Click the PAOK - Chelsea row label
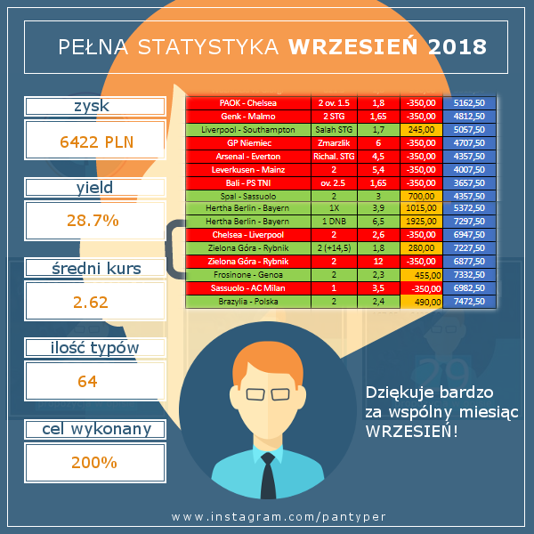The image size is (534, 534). click(247, 103)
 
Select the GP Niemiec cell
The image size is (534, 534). click(247, 142)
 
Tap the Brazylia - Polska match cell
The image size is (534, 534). click(247, 302)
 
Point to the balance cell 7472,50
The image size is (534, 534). click(468, 302)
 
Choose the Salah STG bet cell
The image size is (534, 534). click(331, 129)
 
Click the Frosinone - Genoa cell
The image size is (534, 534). click(247, 276)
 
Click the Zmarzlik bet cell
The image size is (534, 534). click(331, 142)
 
